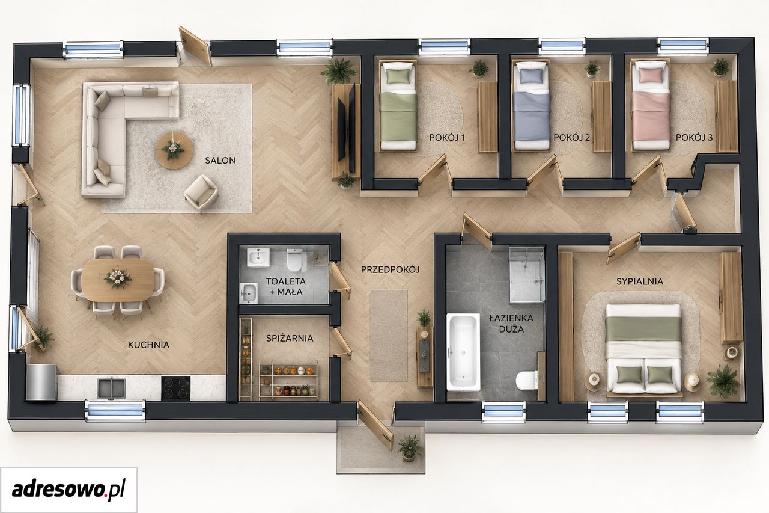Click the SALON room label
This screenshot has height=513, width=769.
point(220,160)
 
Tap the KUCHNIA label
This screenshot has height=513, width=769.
point(148,345)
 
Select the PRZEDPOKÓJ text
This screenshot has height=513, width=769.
point(391,269)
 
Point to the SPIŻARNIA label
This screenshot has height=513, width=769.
point(290,338)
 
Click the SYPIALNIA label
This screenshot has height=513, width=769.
point(640,281)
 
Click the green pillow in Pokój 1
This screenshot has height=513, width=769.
point(398,76)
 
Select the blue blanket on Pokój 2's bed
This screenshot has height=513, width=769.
point(532,116)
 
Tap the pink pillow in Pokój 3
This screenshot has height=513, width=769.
point(651,75)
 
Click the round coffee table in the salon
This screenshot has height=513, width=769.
point(174,150)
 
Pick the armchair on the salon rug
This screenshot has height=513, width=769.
point(201,193)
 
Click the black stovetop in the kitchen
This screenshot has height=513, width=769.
point(176,388)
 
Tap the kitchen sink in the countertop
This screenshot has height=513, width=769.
point(111,389)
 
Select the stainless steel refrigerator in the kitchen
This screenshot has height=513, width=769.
point(41,382)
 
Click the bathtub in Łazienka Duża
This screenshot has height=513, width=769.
point(463,352)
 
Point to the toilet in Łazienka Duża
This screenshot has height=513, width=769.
point(526,380)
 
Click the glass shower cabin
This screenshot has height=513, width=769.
point(527,274)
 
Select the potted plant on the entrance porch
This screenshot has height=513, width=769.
point(410,447)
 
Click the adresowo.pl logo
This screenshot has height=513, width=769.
point(68,489)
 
